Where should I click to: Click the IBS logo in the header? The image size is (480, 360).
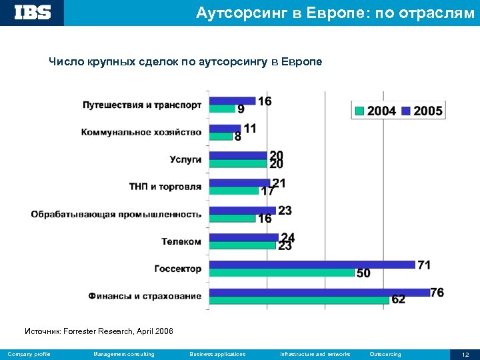coord(32,12)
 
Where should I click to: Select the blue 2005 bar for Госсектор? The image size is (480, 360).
coord(312,265)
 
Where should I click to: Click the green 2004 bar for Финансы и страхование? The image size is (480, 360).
coord(299,300)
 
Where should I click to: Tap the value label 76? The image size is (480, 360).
coord(437,292)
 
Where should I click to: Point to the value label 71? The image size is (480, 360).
coord(424,265)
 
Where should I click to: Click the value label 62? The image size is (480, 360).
coord(398,300)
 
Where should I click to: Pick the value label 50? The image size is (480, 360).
coord(364,273)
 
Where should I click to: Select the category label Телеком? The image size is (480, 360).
coord(181,241)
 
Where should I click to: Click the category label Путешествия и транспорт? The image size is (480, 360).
coord(142,105)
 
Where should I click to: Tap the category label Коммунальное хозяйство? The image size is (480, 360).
coord(141,132)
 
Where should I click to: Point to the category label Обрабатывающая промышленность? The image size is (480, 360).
coord(116,214)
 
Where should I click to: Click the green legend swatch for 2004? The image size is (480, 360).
coord(359,111)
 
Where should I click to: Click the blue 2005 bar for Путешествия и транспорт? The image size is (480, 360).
coord(233,101)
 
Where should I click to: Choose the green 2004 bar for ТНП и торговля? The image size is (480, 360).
coord(234,191)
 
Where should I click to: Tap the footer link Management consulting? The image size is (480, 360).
coord(124,354)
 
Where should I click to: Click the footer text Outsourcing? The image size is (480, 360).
coord(385,354)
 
